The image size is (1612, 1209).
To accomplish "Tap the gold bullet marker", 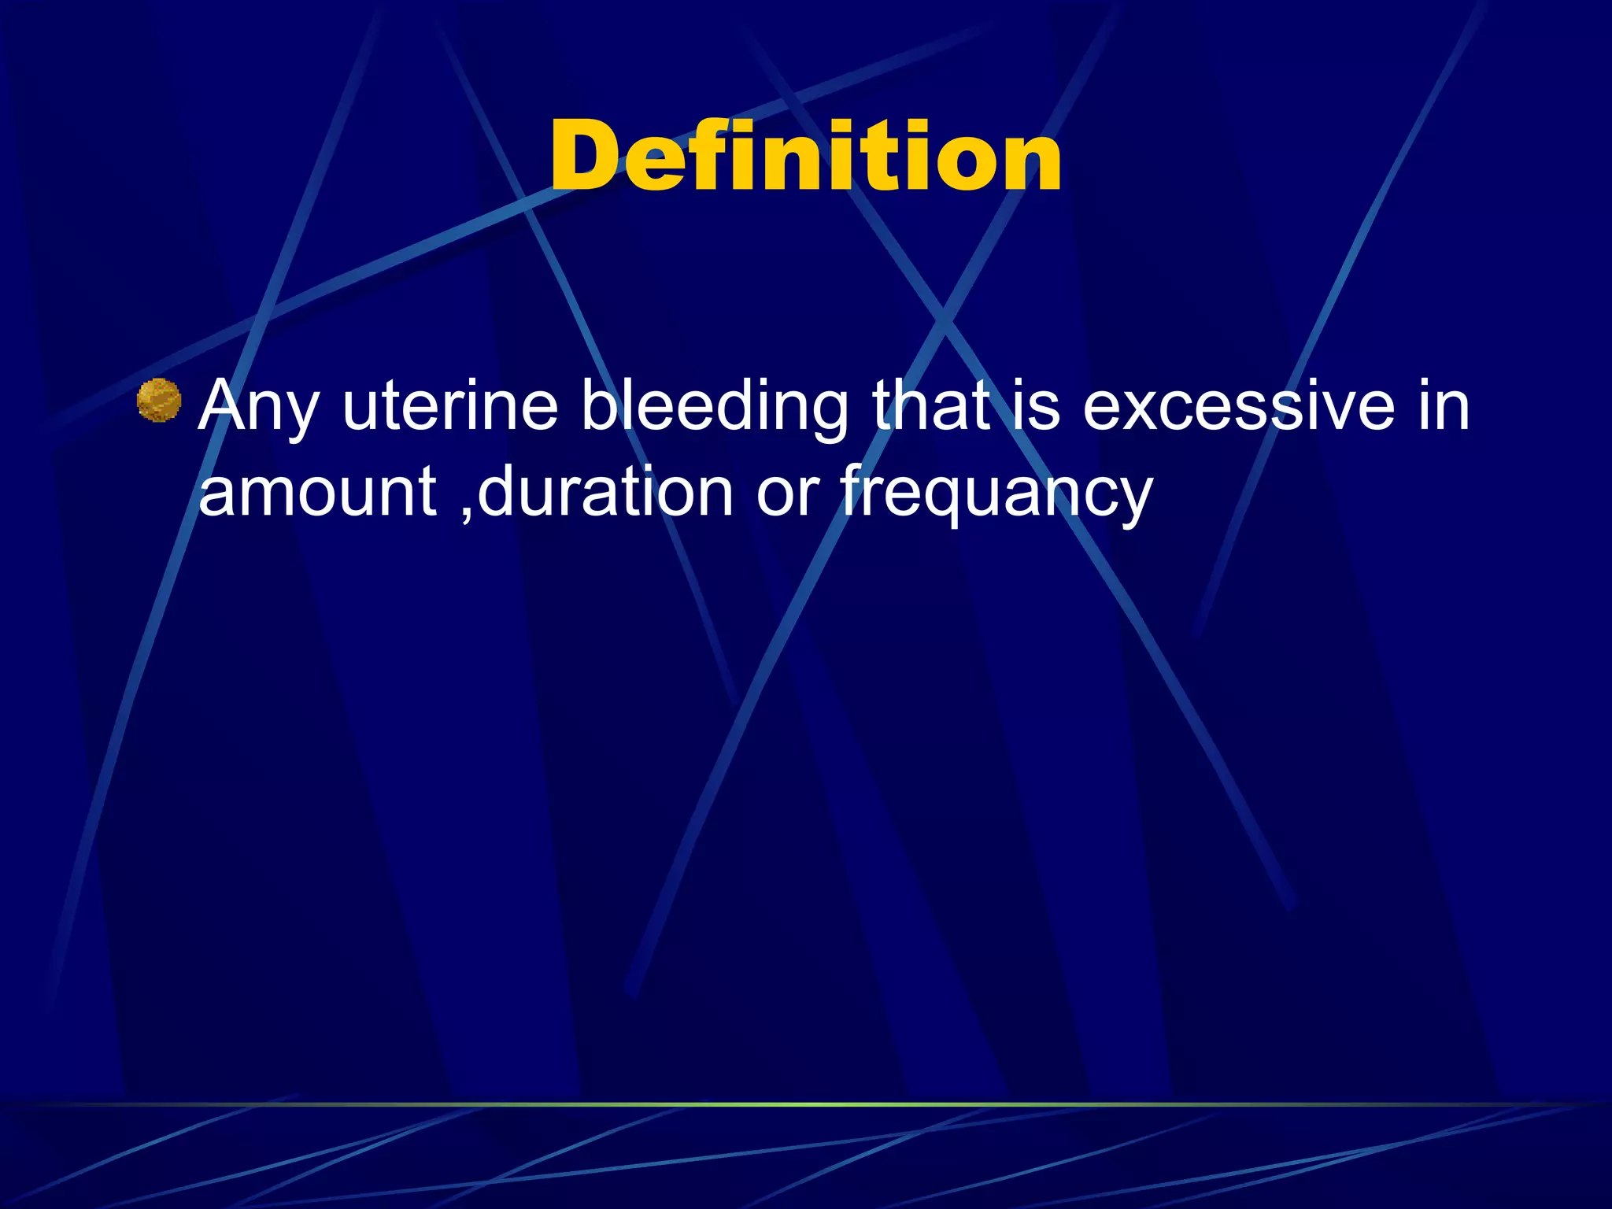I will point(158,401).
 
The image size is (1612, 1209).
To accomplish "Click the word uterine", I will point(449,406).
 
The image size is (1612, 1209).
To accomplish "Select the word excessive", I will point(1238,406).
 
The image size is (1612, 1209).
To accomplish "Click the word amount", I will point(317,491).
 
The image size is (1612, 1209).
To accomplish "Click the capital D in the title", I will point(586,156).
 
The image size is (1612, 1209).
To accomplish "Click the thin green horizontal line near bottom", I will point(806,1104).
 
